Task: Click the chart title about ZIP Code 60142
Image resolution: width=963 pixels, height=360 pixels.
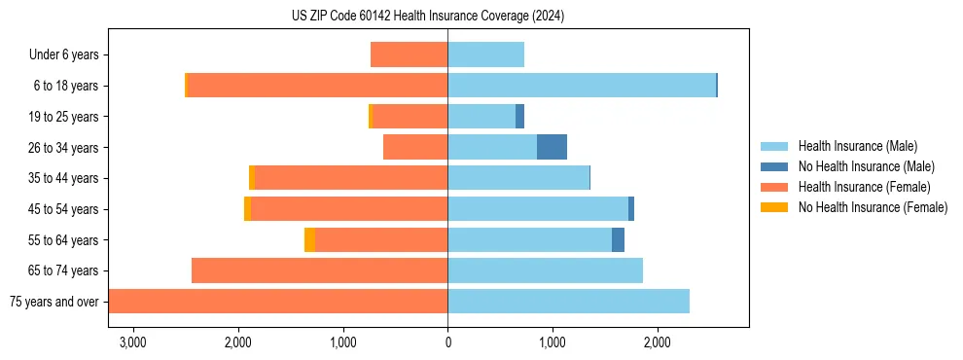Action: [x=428, y=17]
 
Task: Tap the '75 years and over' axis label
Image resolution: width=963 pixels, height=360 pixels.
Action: [x=53, y=302]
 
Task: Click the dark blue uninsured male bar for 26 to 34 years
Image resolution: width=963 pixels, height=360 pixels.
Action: [x=552, y=147]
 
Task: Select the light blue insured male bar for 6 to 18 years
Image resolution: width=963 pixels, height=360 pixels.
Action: [x=582, y=86]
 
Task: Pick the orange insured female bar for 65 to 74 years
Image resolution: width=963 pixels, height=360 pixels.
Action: [x=319, y=270]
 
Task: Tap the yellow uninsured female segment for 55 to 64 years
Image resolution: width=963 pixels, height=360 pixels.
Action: [x=309, y=239]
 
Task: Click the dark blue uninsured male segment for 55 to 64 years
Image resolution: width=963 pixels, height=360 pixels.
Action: [x=618, y=239]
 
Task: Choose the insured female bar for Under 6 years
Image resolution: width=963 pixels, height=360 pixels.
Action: [x=409, y=54]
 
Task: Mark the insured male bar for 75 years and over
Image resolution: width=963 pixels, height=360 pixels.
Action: [x=568, y=301]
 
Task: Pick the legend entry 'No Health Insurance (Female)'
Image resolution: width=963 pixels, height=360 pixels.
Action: [x=873, y=207]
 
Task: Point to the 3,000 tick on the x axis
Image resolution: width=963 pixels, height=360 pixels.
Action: [x=132, y=342]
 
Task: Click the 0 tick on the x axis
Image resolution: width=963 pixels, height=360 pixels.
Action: [x=447, y=342]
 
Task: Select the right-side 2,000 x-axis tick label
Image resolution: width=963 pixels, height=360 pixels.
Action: [x=657, y=342]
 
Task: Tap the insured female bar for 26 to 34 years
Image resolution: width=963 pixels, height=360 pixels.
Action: [x=415, y=147]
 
